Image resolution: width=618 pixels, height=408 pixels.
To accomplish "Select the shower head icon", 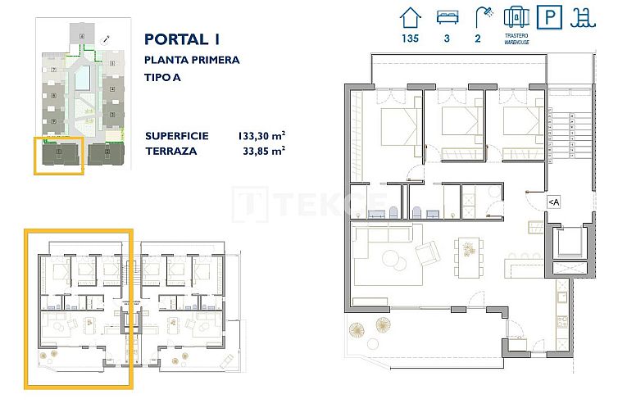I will pyautogui.click(x=481, y=17).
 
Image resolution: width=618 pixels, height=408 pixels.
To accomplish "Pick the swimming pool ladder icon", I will pyautogui.click(x=584, y=17).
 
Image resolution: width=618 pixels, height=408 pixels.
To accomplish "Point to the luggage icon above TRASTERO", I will pyautogui.click(x=515, y=17).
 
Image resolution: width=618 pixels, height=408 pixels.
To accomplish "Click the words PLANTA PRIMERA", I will pyautogui.click(x=191, y=60).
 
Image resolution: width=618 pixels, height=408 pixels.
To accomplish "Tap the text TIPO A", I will pyautogui.click(x=163, y=79).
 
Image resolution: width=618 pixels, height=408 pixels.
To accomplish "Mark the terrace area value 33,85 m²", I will pyautogui.click(x=261, y=151).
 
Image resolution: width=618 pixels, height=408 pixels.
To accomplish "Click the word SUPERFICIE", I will pyautogui.click(x=176, y=135).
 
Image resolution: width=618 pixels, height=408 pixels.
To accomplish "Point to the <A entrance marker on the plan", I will pyautogui.click(x=553, y=202).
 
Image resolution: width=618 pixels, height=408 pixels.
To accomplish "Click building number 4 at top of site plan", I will pyautogui.click(x=82, y=37).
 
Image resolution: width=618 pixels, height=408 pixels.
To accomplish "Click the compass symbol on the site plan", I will pyautogui.click(x=106, y=39).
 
